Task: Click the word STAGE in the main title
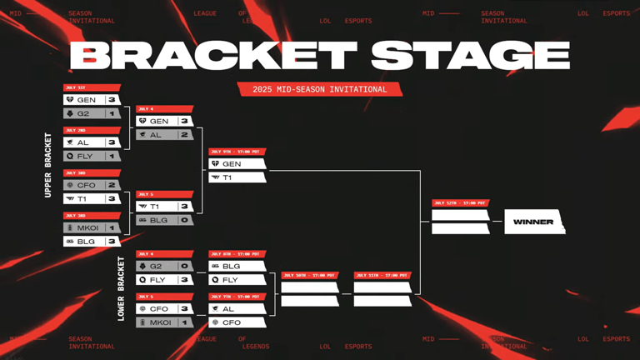coord(471,56)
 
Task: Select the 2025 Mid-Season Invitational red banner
coord(319,89)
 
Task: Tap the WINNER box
coord(534,222)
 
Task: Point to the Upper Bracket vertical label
coord(47,165)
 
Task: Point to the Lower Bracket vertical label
coord(121,288)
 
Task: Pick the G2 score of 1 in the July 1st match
coord(112,113)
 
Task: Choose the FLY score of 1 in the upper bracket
coord(112,156)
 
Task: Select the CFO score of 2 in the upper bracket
coord(112,185)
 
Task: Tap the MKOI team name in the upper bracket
coord(87,227)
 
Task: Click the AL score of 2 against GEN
coord(184,135)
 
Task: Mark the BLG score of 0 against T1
coord(184,220)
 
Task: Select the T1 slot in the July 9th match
coord(237,177)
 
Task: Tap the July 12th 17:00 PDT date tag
coord(459,202)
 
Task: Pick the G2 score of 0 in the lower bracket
coord(184,267)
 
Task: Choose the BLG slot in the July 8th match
coord(237,267)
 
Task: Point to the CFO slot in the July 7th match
coord(237,322)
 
